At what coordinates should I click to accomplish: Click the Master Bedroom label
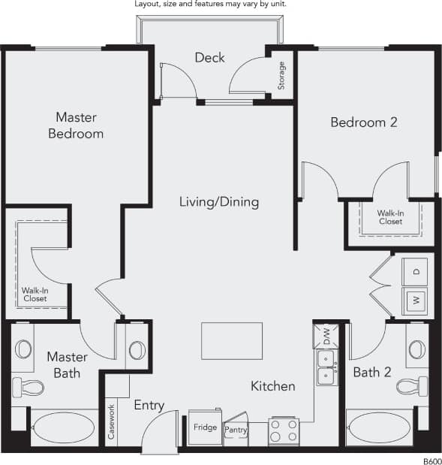76,125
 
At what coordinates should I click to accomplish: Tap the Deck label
209,58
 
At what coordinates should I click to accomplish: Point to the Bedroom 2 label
363,122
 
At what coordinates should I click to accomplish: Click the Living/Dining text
219,202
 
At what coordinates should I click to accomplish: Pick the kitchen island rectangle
232,340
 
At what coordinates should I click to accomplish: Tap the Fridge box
204,427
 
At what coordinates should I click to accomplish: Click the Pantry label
236,429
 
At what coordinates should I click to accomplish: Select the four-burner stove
284,431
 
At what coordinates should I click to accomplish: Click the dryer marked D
415,271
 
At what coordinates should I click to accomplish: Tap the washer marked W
415,301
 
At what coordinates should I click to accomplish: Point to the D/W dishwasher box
326,335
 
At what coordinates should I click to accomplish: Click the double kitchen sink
326,367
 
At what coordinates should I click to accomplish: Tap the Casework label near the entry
111,422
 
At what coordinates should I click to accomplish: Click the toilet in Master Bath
28,387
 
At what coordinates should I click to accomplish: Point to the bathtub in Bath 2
380,428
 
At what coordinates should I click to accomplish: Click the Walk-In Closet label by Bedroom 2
389,217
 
